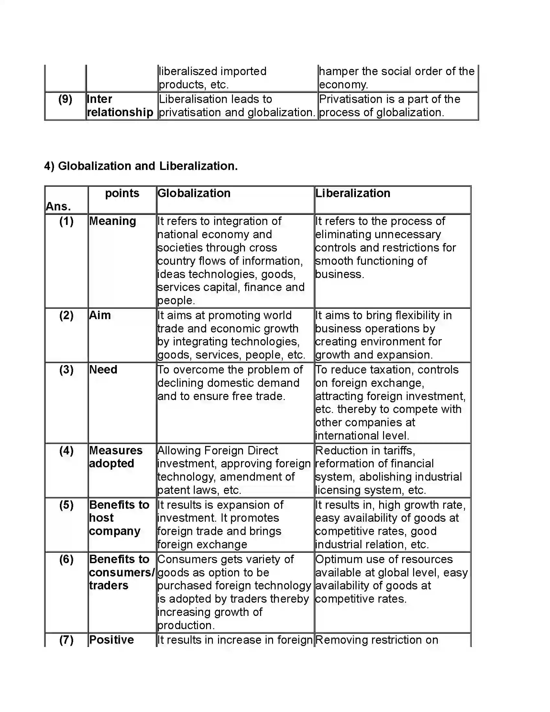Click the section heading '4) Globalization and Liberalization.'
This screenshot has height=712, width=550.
coord(141,166)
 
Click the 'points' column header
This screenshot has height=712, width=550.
coord(122,193)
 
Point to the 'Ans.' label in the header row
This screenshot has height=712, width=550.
coord(58,206)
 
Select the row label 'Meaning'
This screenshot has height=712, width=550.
coord(112,221)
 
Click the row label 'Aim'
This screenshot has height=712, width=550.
coord(100,315)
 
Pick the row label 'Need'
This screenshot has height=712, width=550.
coord(103,369)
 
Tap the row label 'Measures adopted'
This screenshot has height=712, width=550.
coord(115,457)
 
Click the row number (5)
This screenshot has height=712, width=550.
coord(66,505)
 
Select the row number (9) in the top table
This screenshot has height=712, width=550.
coord(65,99)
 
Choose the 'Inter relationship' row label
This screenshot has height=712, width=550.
coord(120,106)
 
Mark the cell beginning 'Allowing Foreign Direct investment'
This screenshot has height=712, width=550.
coord(234,470)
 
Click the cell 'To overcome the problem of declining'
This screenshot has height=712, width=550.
coord(230,383)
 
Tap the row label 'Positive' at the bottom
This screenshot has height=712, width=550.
coord(111,640)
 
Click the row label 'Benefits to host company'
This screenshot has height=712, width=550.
coord(119,518)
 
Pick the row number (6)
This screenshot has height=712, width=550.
coord(66,559)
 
